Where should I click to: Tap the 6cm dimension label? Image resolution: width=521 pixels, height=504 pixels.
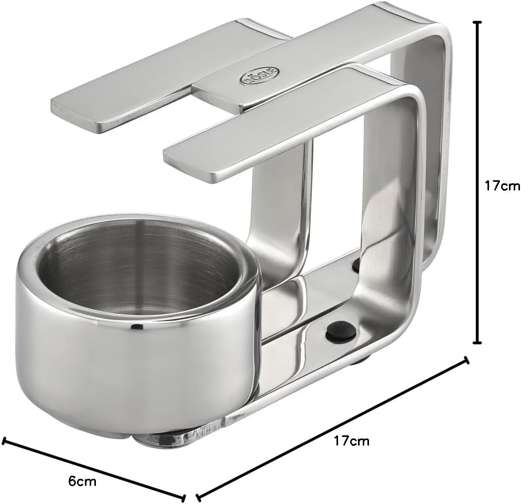[82, 481]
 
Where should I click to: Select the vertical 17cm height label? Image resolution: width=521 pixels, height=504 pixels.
[502, 185]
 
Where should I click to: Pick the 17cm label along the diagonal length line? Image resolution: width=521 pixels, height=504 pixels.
[351, 441]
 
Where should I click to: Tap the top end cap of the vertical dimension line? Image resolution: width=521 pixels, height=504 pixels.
[477, 22]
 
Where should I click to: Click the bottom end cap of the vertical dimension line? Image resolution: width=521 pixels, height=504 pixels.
[477, 342]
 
